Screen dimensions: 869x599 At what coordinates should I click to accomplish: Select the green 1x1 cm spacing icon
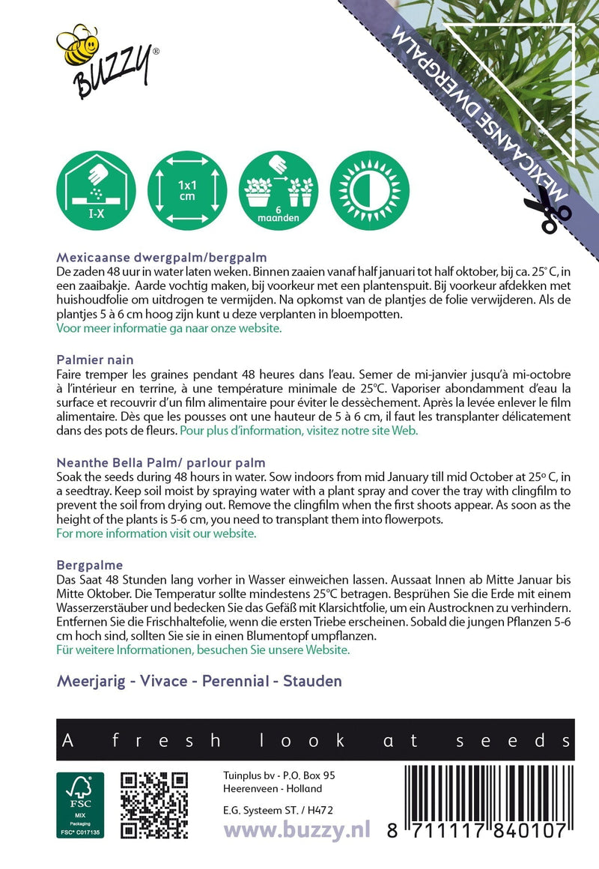pyautogui.click(x=187, y=190)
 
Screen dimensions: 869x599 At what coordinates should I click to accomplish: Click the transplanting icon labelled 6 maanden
pyautogui.click(x=279, y=190)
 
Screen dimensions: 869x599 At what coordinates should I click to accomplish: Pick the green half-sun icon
pyautogui.click(x=370, y=190)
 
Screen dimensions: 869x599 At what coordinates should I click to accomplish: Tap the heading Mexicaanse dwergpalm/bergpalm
pyautogui.click(x=161, y=257)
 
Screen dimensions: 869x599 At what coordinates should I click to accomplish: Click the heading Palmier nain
pyautogui.click(x=94, y=360)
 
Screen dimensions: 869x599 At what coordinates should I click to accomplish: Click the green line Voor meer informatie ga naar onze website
pyautogui.click(x=169, y=329)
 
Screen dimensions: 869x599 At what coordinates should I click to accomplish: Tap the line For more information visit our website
pyautogui.click(x=156, y=534)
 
